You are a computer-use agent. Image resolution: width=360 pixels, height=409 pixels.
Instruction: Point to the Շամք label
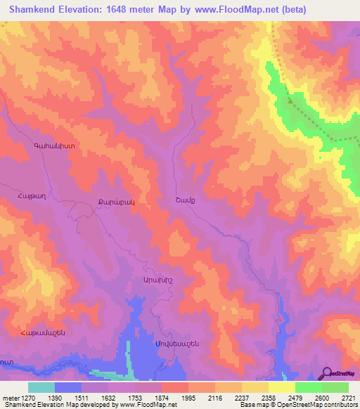[184, 200]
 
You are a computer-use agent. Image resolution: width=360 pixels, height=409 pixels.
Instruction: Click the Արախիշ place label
[147, 279]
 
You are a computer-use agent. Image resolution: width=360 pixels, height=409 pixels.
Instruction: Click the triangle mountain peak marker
[290, 100]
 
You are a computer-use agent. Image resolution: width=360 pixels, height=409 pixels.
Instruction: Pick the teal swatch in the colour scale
[41, 387]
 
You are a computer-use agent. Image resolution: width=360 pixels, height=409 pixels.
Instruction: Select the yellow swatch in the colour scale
[281, 387]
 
